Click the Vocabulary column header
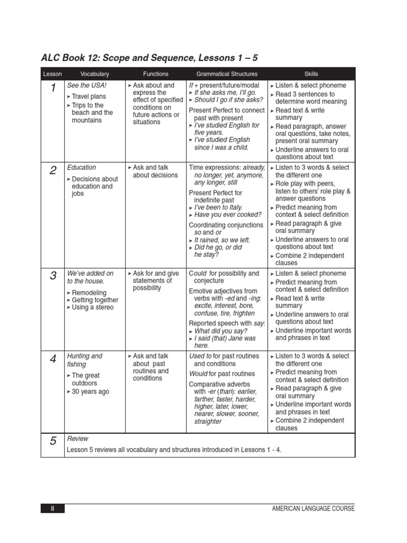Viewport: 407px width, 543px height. [x=94, y=74]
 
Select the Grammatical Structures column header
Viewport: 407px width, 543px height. [x=227, y=74]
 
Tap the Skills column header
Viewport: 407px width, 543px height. [x=312, y=74]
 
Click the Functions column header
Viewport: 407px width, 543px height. [x=156, y=74]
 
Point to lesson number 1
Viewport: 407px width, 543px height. [x=53, y=89]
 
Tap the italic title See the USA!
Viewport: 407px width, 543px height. [x=87, y=85]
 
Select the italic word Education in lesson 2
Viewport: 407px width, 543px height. [x=82, y=168]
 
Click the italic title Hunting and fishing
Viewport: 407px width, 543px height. [x=85, y=360]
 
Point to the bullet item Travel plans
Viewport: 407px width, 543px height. [x=89, y=97]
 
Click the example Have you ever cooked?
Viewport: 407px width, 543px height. [x=227, y=215]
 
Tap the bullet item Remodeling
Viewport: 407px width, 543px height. [x=89, y=293]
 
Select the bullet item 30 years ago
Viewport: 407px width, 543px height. [x=90, y=392]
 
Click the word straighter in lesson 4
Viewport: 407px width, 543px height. [x=208, y=422]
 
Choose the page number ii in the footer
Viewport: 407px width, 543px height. [x=52, y=509]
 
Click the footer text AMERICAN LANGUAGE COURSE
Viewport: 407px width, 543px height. [x=313, y=509]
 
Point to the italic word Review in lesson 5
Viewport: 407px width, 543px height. [x=78, y=439]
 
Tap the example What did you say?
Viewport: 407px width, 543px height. [x=220, y=331]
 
